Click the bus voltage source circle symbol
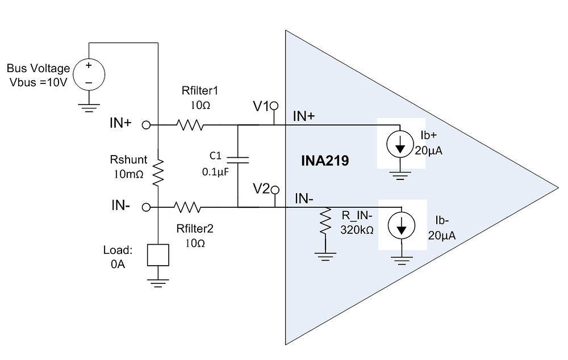pos(89,73)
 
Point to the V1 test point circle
pos(274,106)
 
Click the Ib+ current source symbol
pos(400,146)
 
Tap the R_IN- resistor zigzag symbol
pos(325,222)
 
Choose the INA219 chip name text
pos(324,161)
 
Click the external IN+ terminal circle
pos(146,124)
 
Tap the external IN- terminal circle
pos(146,207)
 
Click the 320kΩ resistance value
pos(356,230)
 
